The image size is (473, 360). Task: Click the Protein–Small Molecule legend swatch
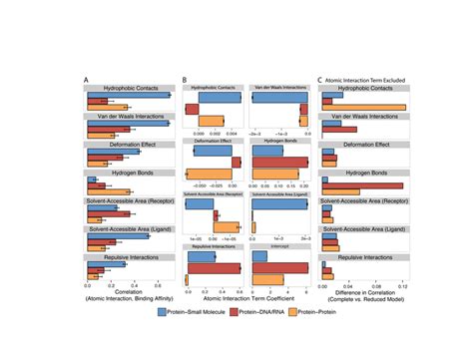(x=165, y=311)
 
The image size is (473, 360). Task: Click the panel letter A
(x=88, y=79)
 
